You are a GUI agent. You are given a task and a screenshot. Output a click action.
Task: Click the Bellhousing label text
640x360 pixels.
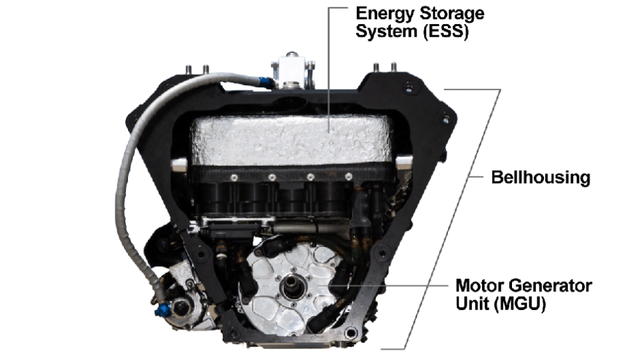(x=540, y=178)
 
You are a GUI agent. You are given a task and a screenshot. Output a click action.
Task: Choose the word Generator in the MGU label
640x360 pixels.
(x=550, y=285)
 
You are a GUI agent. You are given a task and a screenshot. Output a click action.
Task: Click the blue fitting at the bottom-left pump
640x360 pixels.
(x=164, y=309)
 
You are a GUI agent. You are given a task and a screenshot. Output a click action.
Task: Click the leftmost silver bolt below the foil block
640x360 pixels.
(x=235, y=177)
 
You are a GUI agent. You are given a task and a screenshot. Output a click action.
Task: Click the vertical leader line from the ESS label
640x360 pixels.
(x=329, y=67)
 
